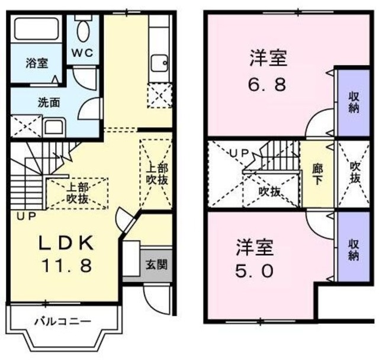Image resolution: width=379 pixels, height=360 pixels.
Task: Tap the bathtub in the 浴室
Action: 37,29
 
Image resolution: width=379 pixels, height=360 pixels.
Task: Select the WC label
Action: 82,53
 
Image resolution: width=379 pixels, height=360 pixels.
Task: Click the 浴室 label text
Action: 37,63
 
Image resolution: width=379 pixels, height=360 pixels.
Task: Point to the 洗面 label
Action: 49,103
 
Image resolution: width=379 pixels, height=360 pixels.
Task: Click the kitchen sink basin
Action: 159,63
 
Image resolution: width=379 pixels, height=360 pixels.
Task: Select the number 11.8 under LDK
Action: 67,265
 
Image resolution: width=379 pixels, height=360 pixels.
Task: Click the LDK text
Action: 67,243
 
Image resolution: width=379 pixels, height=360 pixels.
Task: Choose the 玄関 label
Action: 156,265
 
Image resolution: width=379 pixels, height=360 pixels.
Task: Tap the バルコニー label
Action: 63,322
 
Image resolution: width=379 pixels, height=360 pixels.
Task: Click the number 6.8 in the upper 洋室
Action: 267,84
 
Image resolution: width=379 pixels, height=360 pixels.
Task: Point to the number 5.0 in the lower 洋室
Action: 254,271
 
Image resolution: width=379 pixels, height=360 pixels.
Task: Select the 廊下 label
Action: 317,175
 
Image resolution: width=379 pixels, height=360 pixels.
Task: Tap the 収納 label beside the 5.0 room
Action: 353,250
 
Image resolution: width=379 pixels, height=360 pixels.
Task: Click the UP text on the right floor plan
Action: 239,153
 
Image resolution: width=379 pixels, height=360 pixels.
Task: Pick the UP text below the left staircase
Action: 26,216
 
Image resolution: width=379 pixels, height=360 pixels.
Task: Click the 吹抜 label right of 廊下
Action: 355,172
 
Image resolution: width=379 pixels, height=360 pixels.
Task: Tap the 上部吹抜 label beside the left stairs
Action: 77,193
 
